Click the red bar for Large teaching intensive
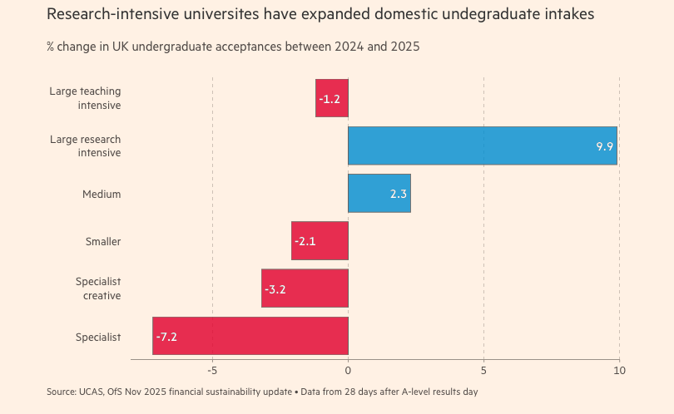332,98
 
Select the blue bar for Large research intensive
483,145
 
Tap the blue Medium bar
379,193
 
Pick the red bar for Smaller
320,241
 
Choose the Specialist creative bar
305,288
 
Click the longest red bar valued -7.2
250,336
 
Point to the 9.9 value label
604,146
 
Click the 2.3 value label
398,194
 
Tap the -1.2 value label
330,99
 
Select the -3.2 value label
275,289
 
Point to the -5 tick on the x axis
212,370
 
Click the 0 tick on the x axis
348,370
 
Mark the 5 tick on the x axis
483,370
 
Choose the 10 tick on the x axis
619,370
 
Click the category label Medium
102,194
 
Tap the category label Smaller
103,241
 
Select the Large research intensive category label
86,145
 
